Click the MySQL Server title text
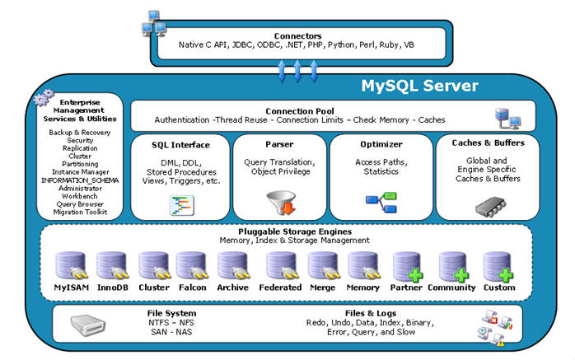tap(419, 86)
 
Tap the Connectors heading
tap(297, 36)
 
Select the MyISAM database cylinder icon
tap(71, 266)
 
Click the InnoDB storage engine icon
tap(112, 266)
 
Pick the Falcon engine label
tap(193, 288)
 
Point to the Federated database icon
tap(282, 266)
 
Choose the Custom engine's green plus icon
tap(506, 275)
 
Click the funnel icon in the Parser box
tap(282, 203)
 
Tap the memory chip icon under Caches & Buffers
tap(490, 207)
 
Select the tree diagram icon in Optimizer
tap(381, 203)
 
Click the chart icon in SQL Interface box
tap(182, 205)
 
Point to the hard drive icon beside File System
tap(87, 325)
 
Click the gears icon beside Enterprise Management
tap(44, 97)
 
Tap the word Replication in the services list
tap(80, 148)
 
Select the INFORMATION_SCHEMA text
tap(80, 180)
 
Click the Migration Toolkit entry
tap(80, 212)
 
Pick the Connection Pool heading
tap(300, 111)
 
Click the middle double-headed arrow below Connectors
tap(297, 71)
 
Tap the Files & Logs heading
tap(371, 313)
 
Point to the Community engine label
tap(451, 288)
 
